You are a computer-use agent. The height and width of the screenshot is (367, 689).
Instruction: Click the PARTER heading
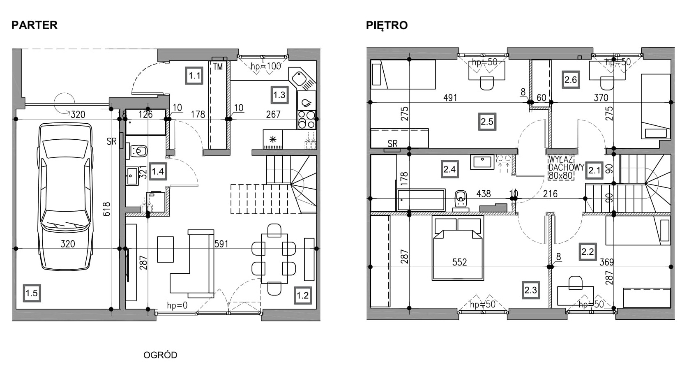point(35,25)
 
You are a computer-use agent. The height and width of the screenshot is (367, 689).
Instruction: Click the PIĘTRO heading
point(387,25)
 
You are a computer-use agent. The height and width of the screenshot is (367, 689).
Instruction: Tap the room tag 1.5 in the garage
point(32,293)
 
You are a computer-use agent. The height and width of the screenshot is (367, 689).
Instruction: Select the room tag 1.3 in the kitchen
point(279,95)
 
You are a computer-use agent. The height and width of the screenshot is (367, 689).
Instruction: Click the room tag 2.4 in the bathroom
point(449,169)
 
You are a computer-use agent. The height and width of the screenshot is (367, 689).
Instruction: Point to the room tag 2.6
point(570,80)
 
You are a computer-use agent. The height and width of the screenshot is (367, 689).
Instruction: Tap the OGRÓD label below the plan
point(160,355)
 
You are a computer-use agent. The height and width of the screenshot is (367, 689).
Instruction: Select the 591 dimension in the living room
point(221,244)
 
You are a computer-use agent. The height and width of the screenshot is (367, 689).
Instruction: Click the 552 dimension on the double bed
point(459,262)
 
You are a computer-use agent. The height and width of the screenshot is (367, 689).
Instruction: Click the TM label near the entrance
point(218,67)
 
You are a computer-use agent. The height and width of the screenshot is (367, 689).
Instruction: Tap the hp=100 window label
point(266,66)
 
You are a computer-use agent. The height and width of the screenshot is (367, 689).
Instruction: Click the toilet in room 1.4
point(139,151)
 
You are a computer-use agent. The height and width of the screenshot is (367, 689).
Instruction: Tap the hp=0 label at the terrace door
point(177,305)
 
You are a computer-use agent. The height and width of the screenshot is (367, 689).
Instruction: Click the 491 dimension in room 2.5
point(450,98)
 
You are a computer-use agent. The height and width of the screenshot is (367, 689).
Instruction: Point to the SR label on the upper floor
point(392,143)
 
